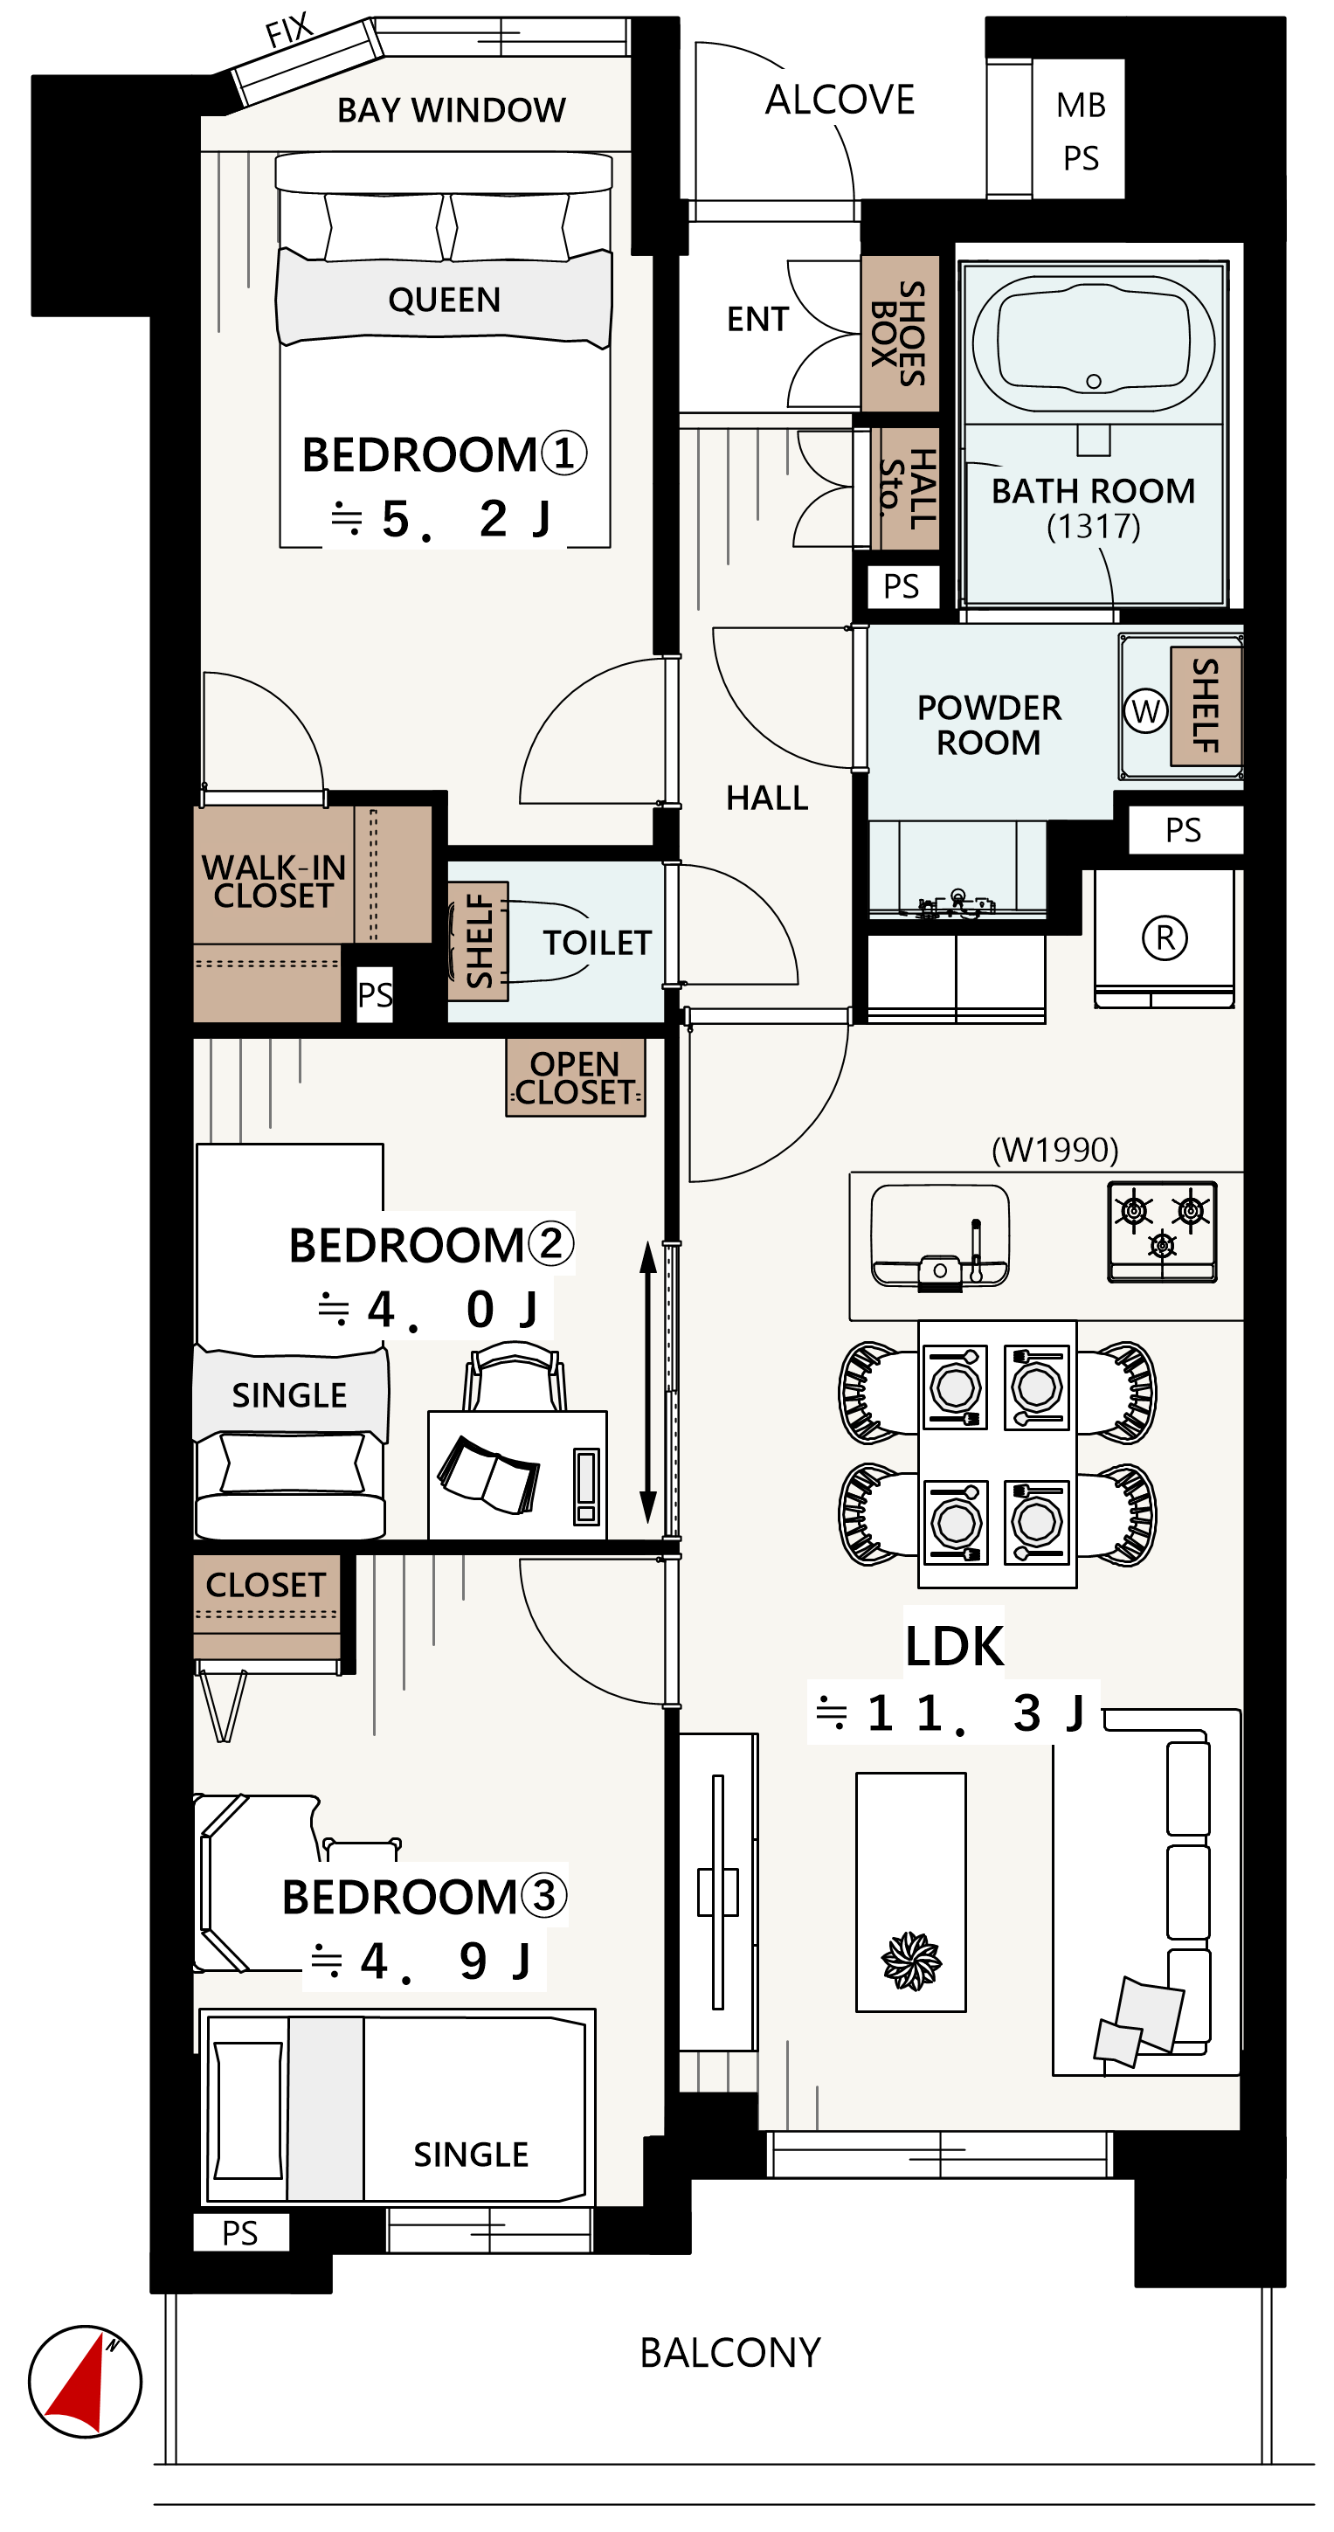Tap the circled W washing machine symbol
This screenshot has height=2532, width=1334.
coord(1145,710)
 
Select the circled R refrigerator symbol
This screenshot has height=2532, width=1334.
coord(1165,937)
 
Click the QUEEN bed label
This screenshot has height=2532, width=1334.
coord(445,300)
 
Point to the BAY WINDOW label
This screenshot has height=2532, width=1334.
coord(452,110)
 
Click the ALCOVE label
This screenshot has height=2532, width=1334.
coord(840,100)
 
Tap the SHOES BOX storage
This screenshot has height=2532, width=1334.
coord(900,334)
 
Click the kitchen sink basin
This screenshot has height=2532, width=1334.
coord(940,1235)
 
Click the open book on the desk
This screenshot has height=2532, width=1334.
coord(488,1475)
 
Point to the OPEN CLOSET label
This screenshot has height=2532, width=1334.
coord(575,1078)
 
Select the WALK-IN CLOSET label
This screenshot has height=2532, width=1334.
coord(273,882)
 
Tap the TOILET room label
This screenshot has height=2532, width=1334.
coord(597,943)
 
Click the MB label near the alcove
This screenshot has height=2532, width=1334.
coord(1082,105)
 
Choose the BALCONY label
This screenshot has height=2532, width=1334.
coord(730,2353)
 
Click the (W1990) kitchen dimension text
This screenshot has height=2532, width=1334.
coord(1054,1149)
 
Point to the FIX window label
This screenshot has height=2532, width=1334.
coord(290,30)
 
